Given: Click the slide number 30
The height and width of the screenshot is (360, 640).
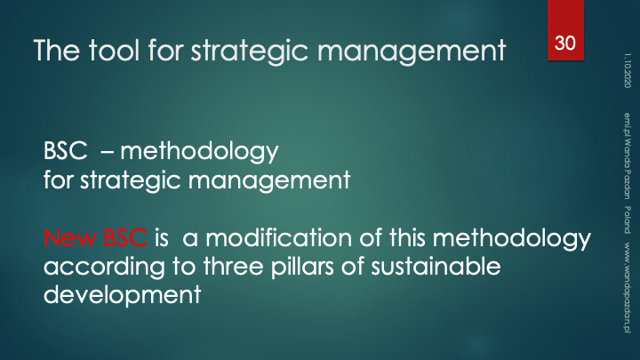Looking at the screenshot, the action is (x=565, y=43).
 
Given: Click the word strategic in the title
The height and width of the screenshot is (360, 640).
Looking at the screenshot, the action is (x=250, y=52).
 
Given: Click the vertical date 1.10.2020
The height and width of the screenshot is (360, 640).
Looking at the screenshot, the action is (x=628, y=70).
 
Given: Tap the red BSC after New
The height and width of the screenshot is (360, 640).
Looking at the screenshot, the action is (x=125, y=237).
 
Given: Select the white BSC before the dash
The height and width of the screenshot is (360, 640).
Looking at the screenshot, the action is (x=65, y=150).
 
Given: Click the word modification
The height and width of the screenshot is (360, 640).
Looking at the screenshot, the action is (x=278, y=237).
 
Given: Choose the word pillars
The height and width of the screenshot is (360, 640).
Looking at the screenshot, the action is (x=302, y=266).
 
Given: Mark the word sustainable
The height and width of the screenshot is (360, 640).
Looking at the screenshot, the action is (x=436, y=266).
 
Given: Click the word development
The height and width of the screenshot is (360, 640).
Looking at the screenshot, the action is (x=122, y=295).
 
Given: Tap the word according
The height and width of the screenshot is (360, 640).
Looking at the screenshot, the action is (x=104, y=267).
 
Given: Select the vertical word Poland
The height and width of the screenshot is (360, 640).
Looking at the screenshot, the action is (x=628, y=220).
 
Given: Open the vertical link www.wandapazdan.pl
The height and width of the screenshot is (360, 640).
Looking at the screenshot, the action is (x=628, y=287).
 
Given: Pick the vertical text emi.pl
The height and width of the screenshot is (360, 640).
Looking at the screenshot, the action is (x=628, y=124).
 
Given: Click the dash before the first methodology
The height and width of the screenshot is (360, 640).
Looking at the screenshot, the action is (x=107, y=152).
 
